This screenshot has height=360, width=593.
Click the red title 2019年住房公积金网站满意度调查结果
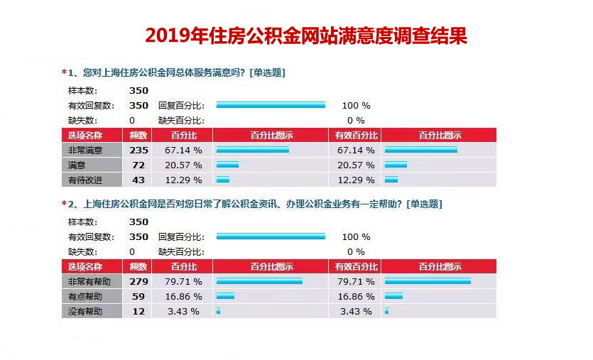click(x=306, y=36)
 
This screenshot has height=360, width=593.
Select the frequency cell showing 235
click(x=138, y=150)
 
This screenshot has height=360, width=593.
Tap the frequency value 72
click(x=138, y=165)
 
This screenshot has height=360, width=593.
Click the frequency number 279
click(x=138, y=281)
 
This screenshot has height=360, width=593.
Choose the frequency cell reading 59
click(x=138, y=296)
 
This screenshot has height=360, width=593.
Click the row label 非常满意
click(x=85, y=150)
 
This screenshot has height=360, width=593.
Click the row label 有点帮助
click(x=85, y=296)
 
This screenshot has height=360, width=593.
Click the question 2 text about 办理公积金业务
click(x=255, y=204)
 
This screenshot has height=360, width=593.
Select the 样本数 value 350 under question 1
click(x=138, y=90)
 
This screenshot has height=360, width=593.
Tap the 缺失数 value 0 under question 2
click(x=132, y=251)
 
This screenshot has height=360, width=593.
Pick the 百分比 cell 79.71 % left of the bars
click(x=184, y=281)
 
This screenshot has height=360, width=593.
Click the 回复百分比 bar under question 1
click(x=271, y=105)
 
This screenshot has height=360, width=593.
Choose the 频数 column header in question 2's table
click(x=138, y=267)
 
